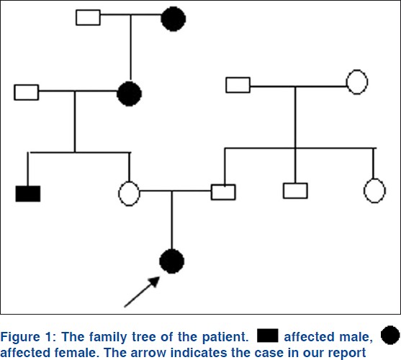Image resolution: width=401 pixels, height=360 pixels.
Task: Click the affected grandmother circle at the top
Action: tap(173, 19)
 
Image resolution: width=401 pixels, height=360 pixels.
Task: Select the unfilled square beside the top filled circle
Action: tap(88, 17)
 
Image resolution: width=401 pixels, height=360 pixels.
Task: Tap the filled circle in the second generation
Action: tap(129, 94)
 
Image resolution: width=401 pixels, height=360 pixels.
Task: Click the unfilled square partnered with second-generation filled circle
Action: tap(27, 92)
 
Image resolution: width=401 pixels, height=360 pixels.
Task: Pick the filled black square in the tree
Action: tap(28, 194)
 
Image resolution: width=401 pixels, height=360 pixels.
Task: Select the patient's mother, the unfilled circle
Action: tap(129, 194)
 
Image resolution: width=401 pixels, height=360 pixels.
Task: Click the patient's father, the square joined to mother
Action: tap(223, 192)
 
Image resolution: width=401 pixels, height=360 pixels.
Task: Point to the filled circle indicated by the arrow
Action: tap(171, 261)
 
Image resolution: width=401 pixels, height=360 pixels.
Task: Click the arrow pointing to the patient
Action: tap(142, 292)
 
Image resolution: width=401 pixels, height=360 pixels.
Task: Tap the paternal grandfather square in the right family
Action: tap(238, 85)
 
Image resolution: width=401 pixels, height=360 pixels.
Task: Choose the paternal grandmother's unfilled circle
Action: tap(357, 82)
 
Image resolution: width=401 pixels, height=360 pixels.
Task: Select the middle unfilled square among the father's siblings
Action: tap(295, 191)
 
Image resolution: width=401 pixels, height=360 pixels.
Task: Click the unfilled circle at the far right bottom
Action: tap(374, 191)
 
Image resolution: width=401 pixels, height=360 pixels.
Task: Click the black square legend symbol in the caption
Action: tap(268, 336)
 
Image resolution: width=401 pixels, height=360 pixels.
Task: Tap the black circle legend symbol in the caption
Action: tap(390, 335)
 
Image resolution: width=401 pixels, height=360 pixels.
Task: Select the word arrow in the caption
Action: tap(148, 353)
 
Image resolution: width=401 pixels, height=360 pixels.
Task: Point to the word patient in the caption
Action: tap(225, 337)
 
